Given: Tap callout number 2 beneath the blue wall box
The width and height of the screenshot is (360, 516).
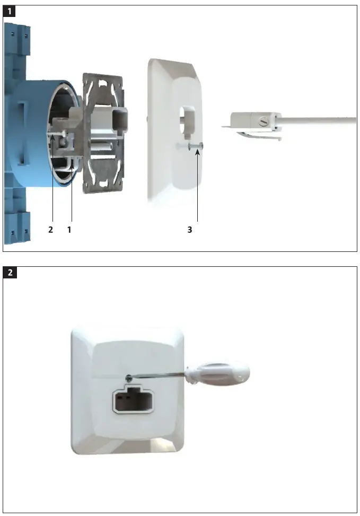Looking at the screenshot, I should coord(50,231).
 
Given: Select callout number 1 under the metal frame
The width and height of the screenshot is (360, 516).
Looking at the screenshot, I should coord(69,231).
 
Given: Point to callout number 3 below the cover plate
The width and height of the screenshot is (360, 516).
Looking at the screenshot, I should coord(189,231).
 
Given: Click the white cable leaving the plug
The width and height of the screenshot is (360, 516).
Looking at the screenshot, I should coord(323,120).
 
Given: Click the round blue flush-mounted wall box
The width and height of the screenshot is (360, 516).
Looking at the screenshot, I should coord(32,133).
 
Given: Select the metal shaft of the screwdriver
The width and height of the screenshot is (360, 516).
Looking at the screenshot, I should coord(159,377).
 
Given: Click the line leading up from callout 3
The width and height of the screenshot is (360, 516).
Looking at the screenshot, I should coord(197,186).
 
